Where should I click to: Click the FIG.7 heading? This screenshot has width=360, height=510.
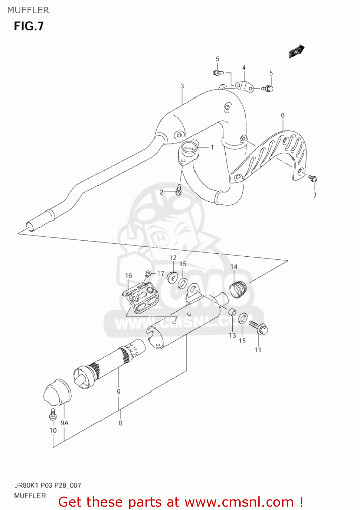tap(29, 26)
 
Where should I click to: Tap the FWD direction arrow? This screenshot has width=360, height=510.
tap(296, 51)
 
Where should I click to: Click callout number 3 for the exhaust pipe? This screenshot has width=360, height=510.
tap(182, 86)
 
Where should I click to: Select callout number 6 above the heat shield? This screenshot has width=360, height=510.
tap(282, 116)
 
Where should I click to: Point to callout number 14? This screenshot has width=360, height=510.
tap(234, 267)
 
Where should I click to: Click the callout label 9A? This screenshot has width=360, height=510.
tap(65, 423)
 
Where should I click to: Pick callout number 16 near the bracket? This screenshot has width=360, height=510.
tap(128, 275)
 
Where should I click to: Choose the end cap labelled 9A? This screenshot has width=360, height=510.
tap(57, 393)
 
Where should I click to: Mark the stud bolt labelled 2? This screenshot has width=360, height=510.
tap(179, 189)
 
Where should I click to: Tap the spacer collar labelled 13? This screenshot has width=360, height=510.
tap(232, 312)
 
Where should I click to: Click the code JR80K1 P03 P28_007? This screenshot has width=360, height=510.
tap(48, 485)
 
